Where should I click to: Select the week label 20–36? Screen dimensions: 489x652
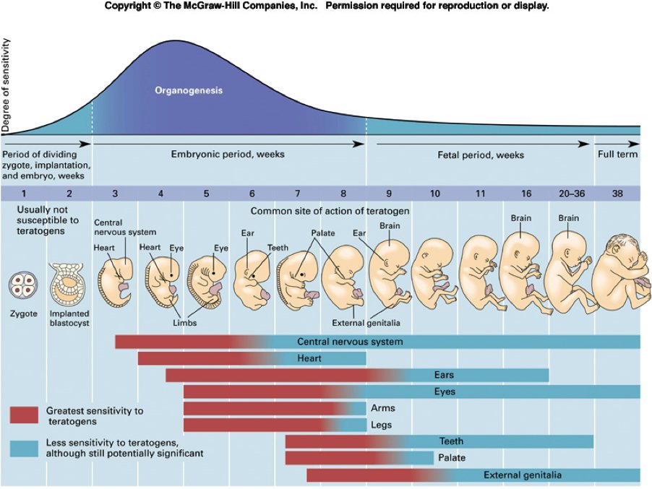pyautogui.click(x=571, y=194)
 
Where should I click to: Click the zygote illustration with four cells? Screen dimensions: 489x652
pyautogui.click(x=22, y=284)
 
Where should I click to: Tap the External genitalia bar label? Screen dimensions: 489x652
pyautogui.click(x=523, y=475)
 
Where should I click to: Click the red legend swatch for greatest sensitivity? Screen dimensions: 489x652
pyautogui.click(x=24, y=415)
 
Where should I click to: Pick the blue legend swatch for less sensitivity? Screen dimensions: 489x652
pyautogui.click(x=24, y=448)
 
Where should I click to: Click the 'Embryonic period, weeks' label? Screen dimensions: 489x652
pyautogui.click(x=228, y=155)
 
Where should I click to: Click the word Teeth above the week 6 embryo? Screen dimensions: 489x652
pyautogui.click(x=278, y=248)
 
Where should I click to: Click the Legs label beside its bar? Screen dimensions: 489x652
pyautogui.click(x=381, y=425)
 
